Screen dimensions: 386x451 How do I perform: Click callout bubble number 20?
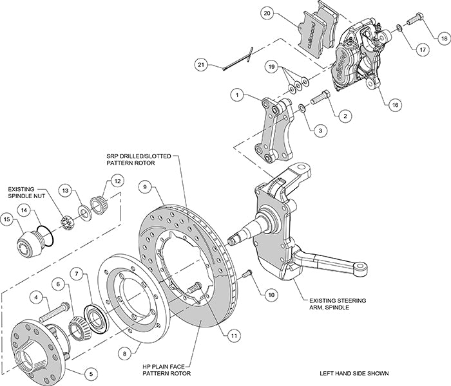click(x=268, y=13)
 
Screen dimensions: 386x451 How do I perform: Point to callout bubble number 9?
click(x=145, y=187)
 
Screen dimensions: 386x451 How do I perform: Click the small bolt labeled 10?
click(x=246, y=275)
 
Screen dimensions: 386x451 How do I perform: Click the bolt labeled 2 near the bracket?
click(x=320, y=99)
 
